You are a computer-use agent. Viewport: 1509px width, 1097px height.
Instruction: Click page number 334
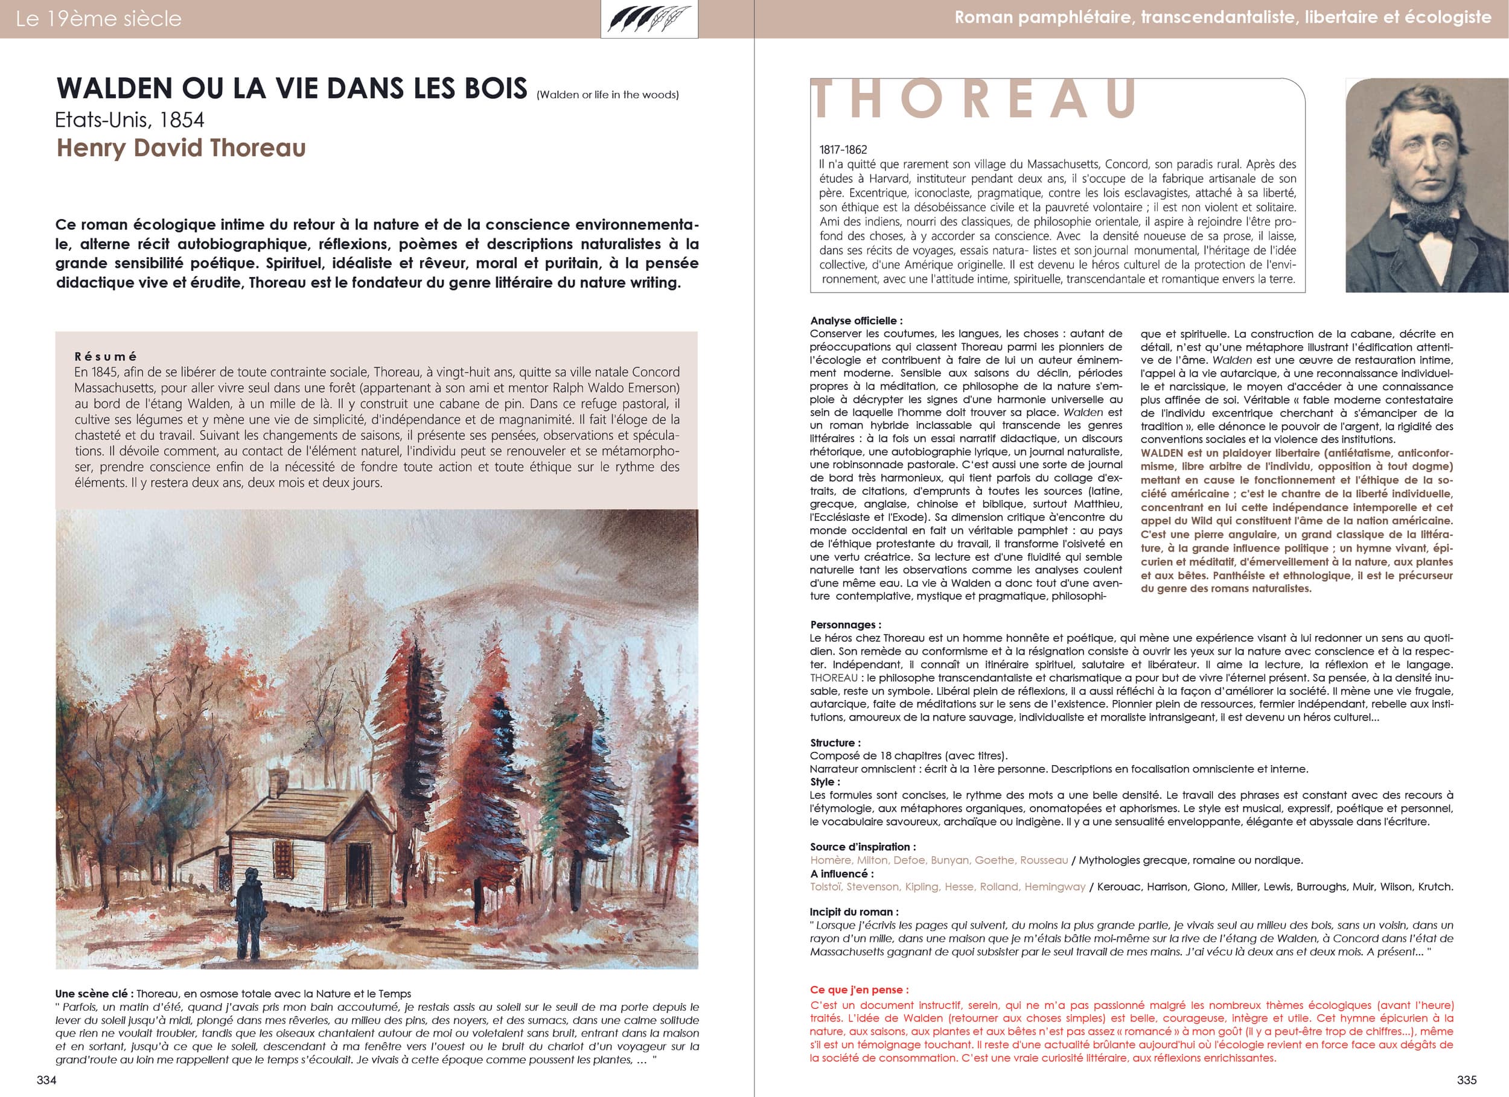[46, 1080]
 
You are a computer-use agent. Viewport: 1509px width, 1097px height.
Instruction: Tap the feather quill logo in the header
[649, 19]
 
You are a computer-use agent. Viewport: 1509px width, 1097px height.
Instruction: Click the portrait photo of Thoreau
[1426, 185]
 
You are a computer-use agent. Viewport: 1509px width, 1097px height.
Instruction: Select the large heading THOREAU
[975, 100]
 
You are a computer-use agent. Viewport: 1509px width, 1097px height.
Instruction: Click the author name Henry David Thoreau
[181, 148]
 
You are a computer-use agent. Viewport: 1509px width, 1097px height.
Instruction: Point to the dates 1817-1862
[843, 150]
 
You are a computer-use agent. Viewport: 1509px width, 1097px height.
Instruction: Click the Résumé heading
[106, 357]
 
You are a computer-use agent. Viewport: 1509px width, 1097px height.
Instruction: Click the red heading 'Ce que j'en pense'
[859, 990]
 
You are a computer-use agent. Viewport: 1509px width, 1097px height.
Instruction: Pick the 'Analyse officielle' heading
[857, 320]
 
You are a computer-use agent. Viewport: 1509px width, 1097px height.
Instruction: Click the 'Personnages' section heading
[845, 625]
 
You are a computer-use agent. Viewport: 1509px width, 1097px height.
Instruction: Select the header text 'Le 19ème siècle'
[98, 19]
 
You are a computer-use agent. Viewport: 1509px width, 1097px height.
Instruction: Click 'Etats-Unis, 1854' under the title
[130, 119]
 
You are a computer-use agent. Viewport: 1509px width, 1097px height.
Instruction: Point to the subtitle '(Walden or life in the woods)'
[607, 95]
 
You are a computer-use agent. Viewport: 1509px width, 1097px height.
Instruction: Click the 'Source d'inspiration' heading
[863, 847]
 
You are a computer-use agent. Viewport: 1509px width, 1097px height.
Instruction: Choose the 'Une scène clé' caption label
[91, 994]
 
